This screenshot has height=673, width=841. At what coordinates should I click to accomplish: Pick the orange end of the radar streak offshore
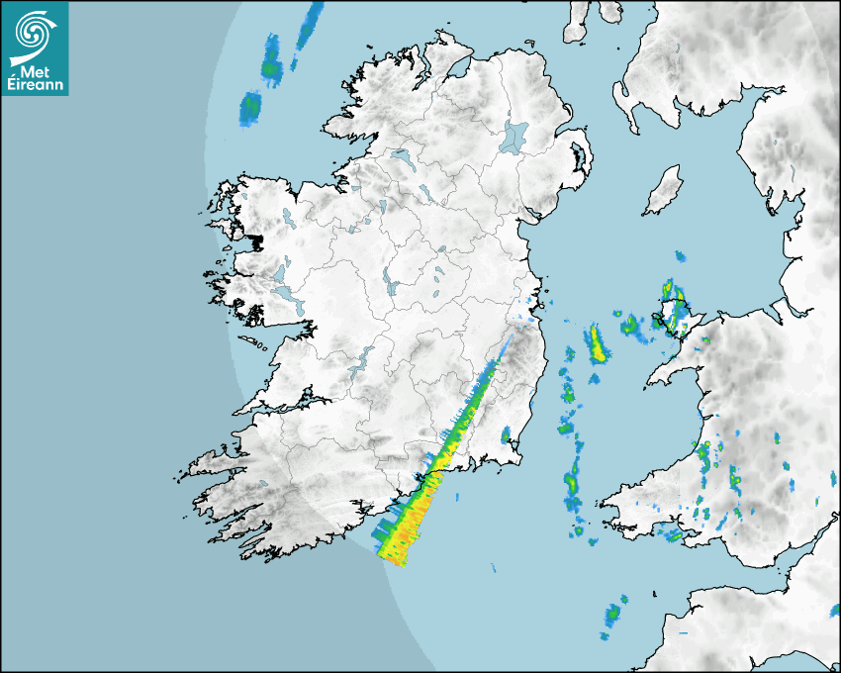406,539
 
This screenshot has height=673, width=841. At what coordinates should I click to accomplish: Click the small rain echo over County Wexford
506,434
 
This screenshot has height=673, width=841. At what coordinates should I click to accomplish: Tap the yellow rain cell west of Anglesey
597,343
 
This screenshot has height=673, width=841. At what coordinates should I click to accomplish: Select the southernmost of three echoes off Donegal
250,106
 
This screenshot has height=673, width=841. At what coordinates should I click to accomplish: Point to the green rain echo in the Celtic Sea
613,614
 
